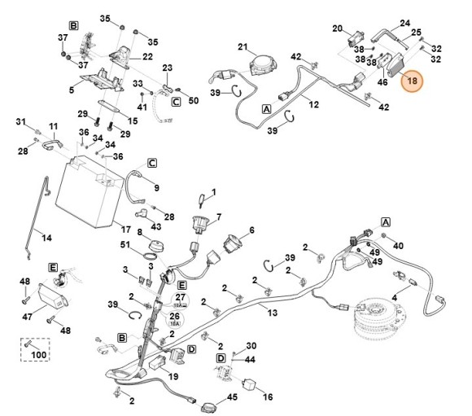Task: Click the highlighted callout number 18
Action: pos(412,81)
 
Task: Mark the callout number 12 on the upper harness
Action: pos(313,104)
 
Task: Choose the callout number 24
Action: pos(404,24)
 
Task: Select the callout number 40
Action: pos(398,245)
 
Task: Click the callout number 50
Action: pos(193,100)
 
